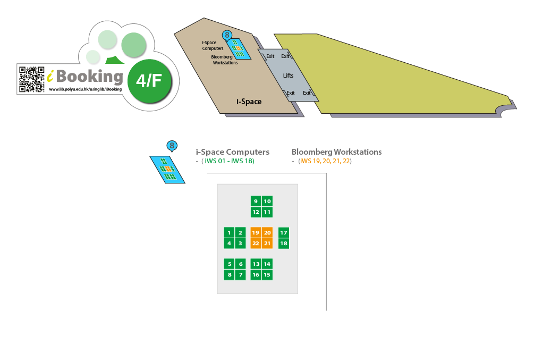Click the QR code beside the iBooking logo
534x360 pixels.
tap(31, 79)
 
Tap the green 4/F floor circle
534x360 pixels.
tap(149, 81)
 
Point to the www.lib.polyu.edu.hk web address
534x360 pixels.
tap(85, 89)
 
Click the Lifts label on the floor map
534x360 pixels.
tap(288, 76)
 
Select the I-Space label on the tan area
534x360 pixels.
tap(249, 102)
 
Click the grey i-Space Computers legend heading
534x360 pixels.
tap(233, 152)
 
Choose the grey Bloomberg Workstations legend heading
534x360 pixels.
tap(336, 152)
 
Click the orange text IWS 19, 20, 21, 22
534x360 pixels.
tap(325, 161)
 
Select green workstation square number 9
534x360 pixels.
tap(256, 201)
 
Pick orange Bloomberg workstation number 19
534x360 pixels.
tap(256, 232)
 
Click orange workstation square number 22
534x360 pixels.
tap(256, 244)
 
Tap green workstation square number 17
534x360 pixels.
tap(284, 232)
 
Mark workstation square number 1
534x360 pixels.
tap(229, 232)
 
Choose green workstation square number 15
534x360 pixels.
tap(267, 274)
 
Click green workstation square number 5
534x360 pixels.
tap(229, 264)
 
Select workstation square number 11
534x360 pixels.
tap(267, 212)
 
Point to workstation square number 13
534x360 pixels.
tap(256, 264)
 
